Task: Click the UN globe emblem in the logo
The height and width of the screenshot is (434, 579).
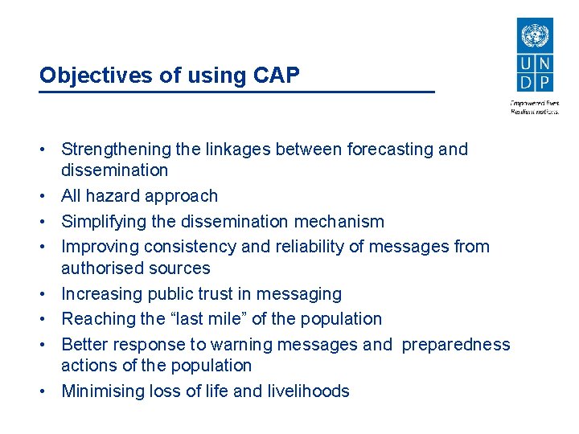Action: [x=534, y=36]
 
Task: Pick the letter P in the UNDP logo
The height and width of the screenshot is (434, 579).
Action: [x=544, y=82]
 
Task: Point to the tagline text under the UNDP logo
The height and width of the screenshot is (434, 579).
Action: [x=535, y=108]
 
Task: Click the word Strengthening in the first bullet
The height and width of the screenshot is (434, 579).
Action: [x=117, y=149]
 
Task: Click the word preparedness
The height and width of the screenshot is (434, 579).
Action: [x=456, y=345]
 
